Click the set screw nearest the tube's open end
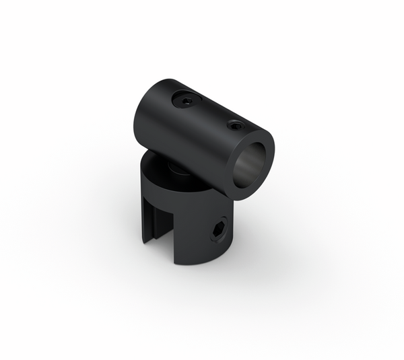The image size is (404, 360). click(235, 124)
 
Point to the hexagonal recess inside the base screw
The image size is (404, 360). click(220, 231)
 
